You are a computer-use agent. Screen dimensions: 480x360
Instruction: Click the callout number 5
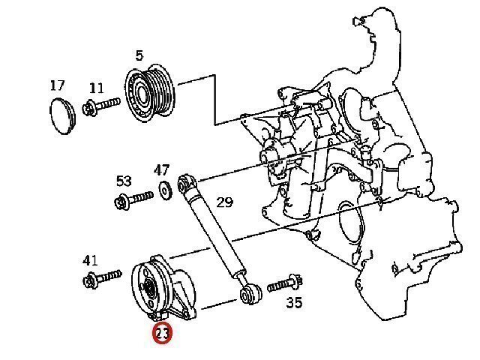tap(139, 55)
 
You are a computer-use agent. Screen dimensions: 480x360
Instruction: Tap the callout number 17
tap(58, 85)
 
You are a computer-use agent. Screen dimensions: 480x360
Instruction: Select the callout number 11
tap(97, 88)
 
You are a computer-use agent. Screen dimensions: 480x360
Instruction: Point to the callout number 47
tap(161, 170)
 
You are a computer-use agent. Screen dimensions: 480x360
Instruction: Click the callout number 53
tap(124, 181)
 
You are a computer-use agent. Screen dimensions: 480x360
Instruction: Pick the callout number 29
tap(225, 202)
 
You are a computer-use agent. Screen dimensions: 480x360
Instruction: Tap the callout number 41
tap(90, 260)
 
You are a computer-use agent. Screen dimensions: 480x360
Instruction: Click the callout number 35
tap(294, 302)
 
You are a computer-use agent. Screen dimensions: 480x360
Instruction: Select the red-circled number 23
tap(163, 333)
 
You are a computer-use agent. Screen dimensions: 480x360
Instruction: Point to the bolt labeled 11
tap(101, 106)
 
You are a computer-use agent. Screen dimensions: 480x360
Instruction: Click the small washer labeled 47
tap(165, 190)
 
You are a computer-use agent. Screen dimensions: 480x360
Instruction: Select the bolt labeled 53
tap(133, 199)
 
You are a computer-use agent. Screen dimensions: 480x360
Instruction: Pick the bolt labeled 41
tap(102, 278)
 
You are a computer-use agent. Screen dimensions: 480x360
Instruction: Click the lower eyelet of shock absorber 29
tap(250, 295)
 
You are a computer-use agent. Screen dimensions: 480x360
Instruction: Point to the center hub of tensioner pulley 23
tap(149, 289)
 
